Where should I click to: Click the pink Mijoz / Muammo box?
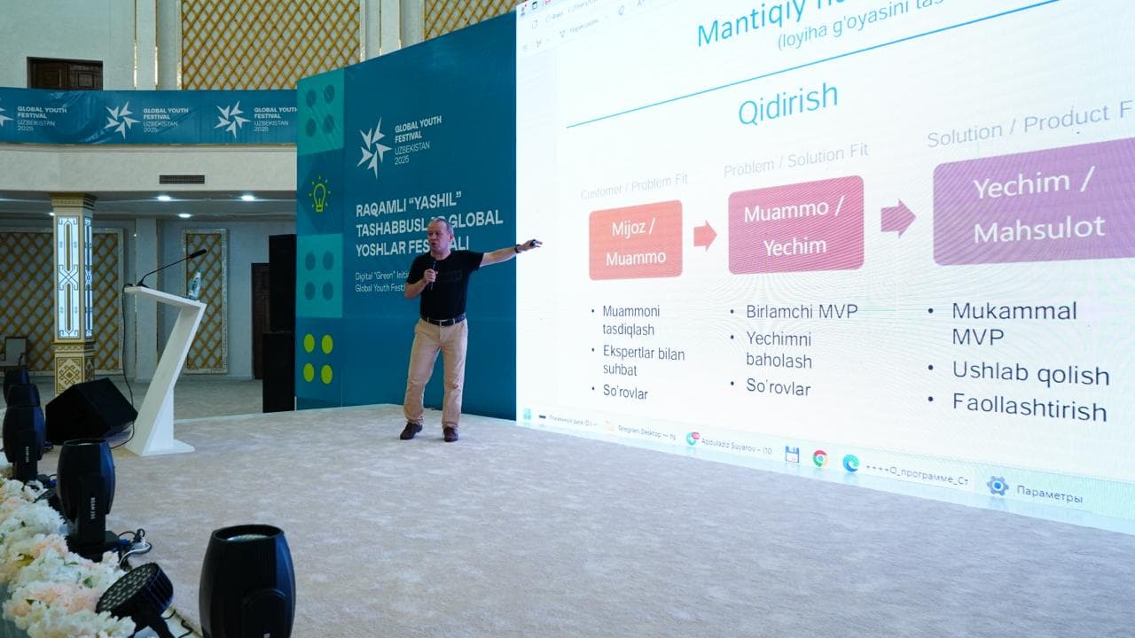point(635,239)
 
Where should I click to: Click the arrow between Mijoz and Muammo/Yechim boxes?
point(704,235)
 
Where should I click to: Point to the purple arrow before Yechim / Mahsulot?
point(897,218)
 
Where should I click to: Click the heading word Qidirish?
point(787,107)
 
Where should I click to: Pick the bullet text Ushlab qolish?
point(1030,372)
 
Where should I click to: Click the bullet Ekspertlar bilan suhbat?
point(642,361)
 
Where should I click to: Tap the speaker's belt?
point(443,320)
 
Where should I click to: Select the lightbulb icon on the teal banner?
point(319,195)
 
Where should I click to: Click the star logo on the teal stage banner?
point(373,146)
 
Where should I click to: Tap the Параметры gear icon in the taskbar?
point(998,486)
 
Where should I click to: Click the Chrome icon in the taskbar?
point(820,458)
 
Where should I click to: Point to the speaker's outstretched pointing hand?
point(530,244)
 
